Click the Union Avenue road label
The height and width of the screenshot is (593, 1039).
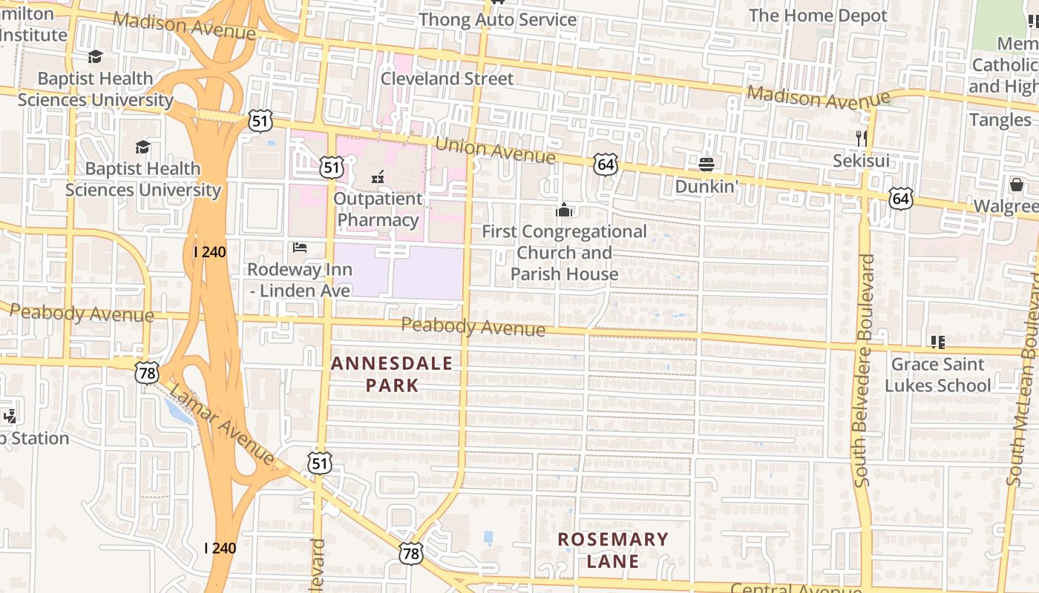pos(495,151)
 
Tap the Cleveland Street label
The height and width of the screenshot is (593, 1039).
pos(447,79)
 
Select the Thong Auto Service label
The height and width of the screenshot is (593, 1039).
pos(497,20)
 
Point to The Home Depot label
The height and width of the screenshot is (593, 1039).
pos(818,16)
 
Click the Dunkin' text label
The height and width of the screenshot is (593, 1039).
pos(706,186)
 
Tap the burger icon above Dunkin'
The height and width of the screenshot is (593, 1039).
pos(705,163)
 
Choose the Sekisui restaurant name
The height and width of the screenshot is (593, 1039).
pos(861,161)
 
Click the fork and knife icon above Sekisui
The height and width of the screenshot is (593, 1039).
pos(862,138)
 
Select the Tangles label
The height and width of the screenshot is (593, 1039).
pos(1000,120)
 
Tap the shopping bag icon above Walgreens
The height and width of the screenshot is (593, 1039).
pos(1016,184)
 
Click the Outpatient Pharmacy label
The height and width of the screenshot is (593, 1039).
pos(378,210)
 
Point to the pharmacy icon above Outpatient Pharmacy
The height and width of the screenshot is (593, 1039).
pos(377,176)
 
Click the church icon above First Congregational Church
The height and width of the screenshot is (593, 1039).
pos(564,211)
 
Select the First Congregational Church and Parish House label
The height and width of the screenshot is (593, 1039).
pos(564,253)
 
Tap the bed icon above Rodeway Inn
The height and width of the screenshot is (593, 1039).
pos(300,248)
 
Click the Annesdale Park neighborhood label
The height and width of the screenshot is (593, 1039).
pos(392,374)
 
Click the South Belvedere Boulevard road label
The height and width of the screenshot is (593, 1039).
pos(865,371)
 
